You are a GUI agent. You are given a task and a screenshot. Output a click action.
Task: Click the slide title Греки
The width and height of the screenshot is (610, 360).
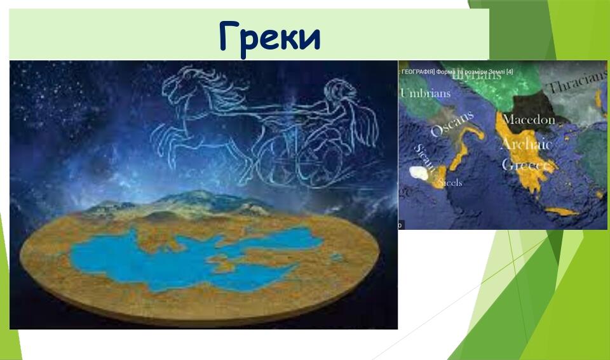coord(269,37)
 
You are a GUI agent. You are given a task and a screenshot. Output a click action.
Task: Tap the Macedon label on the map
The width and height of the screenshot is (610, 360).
coord(529,119)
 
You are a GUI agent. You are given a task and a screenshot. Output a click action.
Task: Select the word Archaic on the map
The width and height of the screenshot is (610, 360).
coord(527,145)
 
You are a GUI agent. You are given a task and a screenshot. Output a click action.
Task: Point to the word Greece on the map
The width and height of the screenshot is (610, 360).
coord(525,165)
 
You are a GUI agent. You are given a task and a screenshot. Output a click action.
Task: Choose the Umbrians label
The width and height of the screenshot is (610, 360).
coord(425,94)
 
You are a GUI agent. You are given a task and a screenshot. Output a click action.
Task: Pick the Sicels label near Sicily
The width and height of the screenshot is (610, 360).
coord(450,183)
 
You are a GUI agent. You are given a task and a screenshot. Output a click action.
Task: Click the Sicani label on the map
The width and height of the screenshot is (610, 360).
coord(425,156)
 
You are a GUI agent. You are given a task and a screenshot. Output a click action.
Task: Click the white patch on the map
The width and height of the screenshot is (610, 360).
coord(419,172)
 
